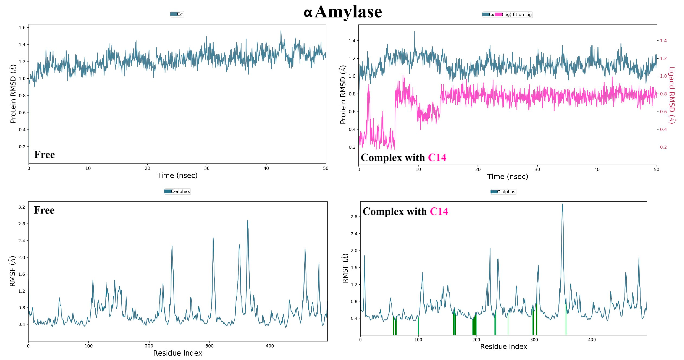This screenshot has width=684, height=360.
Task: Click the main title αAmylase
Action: [x=343, y=12]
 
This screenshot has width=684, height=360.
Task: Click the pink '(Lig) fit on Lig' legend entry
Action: [x=516, y=15]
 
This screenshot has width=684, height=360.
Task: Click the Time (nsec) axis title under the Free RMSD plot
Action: [x=177, y=176]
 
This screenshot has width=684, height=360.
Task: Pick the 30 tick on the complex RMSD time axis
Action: [x=537, y=170]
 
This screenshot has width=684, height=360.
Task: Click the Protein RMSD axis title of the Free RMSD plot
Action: [x=13, y=96]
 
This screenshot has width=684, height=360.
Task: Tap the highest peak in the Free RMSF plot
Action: [x=248, y=221]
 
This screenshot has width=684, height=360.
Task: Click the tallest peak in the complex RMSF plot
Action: [x=562, y=204]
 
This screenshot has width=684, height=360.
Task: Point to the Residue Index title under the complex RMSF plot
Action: [x=503, y=346]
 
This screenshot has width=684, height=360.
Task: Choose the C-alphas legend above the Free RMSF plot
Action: [x=177, y=191]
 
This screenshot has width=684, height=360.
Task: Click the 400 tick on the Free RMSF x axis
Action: [x=270, y=346]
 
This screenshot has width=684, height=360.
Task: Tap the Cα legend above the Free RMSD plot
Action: [x=177, y=14]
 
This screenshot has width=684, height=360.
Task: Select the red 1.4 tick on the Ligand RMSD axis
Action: [x=663, y=41]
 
